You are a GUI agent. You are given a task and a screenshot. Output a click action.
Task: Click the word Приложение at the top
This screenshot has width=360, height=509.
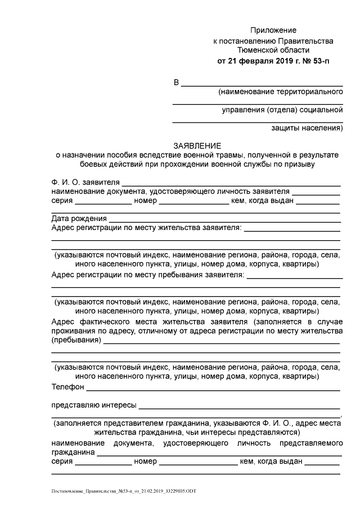click(273, 30)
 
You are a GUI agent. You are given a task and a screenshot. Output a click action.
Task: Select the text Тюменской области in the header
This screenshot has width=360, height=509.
click(273, 50)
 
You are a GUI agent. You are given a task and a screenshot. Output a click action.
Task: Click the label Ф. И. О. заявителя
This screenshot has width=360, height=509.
click(85, 182)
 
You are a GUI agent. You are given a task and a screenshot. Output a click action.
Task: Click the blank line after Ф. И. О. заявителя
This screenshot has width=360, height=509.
click(231, 183)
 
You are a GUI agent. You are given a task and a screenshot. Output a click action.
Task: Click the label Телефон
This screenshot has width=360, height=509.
click(67, 387)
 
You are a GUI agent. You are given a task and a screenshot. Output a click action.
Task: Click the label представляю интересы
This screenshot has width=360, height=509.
click(93, 404)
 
